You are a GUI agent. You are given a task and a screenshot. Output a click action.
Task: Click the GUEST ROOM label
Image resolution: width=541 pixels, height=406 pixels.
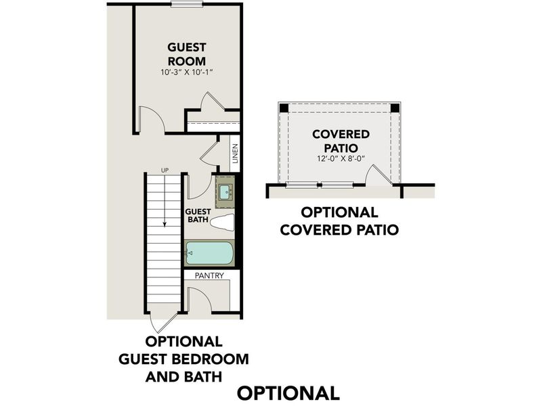pos(187,53)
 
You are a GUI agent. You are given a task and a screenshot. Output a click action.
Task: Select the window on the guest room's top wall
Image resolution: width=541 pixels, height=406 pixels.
pos(187,5)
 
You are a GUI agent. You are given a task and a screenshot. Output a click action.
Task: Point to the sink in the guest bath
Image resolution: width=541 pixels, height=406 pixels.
pos(225,191)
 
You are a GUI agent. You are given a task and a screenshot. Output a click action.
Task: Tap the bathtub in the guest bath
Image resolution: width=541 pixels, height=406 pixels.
pos(209,254)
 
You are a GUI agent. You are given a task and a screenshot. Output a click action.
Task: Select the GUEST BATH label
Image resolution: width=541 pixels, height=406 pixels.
pos(198,215)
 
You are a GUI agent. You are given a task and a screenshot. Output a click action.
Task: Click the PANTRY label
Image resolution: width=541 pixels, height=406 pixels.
pos(209,276)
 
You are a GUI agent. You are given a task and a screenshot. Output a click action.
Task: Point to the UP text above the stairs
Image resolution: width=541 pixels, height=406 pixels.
pos(164,170)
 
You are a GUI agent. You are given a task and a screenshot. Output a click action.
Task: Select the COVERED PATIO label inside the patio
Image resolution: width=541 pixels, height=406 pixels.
pos(341,141)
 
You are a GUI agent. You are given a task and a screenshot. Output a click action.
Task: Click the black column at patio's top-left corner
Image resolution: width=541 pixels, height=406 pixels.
pos(283,108)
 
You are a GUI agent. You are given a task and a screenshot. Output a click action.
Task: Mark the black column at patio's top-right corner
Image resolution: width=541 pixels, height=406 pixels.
pos(396,108)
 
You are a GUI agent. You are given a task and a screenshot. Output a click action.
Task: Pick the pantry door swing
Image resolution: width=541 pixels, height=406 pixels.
pos(198,299)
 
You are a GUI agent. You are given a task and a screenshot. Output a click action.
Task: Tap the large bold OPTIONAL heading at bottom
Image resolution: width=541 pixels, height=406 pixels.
pos(288,392)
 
